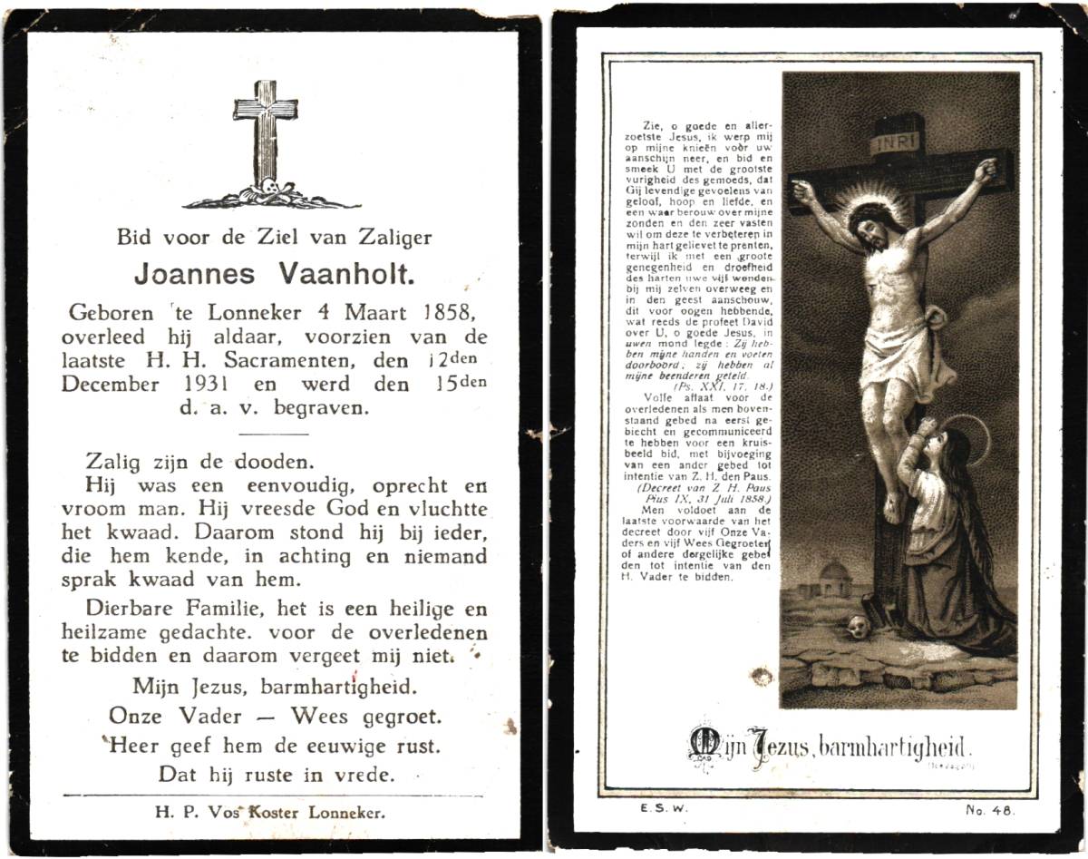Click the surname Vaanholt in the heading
[x=357, y=273]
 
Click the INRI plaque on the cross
[x=895, y=143]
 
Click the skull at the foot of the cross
[x=858, y=626]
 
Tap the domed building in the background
[x=833, y=578]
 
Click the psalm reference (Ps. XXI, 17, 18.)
[x=721, y=385]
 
